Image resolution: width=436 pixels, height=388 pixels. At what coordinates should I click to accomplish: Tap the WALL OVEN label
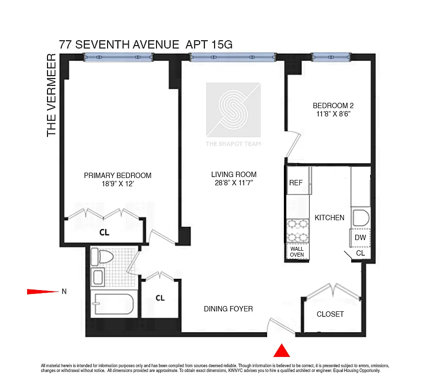point(297,252)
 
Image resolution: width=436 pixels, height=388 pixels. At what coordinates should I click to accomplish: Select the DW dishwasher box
point(360,238)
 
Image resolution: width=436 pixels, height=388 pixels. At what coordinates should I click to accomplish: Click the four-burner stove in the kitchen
point(297,230)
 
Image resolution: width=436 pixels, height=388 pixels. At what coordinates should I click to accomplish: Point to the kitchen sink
point(360,218)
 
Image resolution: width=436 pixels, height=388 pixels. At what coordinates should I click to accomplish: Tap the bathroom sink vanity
point(97,277)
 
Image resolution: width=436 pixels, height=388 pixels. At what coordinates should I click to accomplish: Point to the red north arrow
point(42,291)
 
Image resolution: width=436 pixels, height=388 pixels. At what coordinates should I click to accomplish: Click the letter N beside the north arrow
point(64,291)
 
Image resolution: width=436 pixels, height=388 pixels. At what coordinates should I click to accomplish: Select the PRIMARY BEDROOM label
point(118,176)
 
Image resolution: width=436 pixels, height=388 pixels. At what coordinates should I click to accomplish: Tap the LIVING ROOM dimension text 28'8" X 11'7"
point(234,183)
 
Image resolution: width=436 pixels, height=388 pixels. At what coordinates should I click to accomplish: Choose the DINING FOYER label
point(228,308)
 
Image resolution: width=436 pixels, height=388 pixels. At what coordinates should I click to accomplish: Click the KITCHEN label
point(329,218)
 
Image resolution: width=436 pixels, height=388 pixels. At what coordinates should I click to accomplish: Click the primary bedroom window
point(118,57)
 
